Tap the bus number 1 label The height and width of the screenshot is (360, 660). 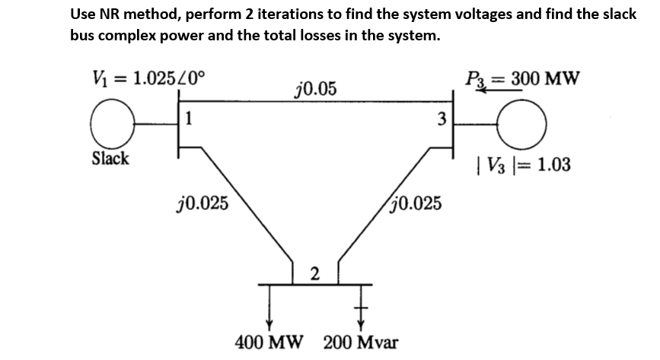coord(187,118)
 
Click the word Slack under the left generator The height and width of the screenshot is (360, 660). coord(110,159)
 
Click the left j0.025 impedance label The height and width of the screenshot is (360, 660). coord(199,203)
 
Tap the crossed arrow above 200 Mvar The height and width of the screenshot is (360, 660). coord(361,305)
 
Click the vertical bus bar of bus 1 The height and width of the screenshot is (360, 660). coord(179,125)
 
